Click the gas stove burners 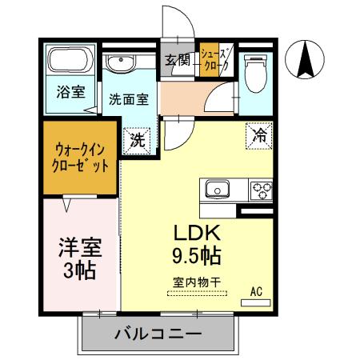coord(261,190)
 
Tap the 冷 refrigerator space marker coord(258,136)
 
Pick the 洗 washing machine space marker coord(137,140)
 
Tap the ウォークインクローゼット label coord(81,158)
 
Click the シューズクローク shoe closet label coord(211,60)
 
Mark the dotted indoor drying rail coord(197,294)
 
